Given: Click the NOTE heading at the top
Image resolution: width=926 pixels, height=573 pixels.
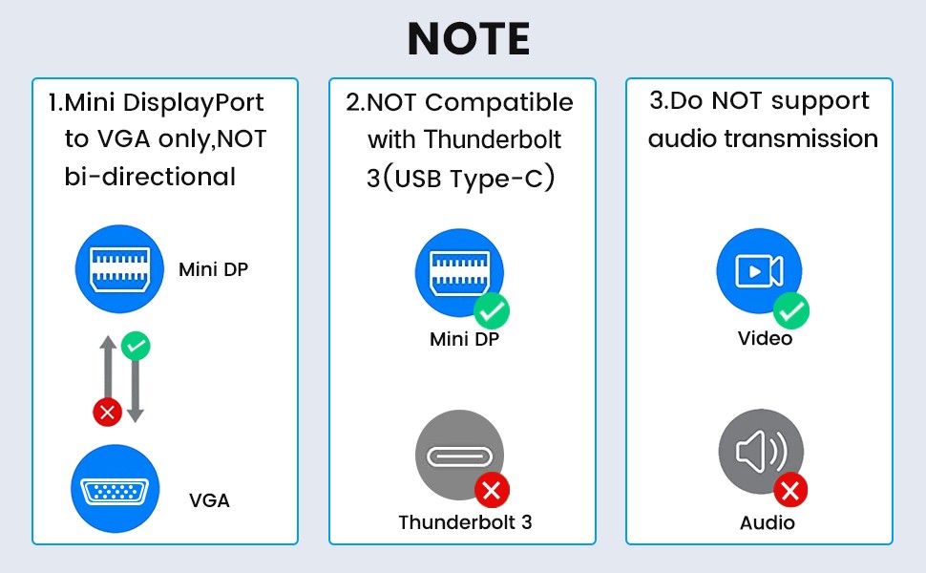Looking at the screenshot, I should (x=468, y=38).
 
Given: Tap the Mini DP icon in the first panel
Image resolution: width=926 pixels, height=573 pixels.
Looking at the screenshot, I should (x=119, y=268).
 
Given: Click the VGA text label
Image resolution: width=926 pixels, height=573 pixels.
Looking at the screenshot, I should (x=209, y=499).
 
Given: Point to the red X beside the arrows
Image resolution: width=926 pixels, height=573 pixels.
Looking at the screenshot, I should (x=106, y=413).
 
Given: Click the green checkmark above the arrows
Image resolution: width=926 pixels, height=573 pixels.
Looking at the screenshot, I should (x=137, y=346).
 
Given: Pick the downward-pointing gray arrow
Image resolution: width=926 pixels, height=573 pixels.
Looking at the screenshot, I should (x=136, y=382).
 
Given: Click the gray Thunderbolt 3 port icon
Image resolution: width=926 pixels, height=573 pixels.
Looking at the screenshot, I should (x=458, y=456).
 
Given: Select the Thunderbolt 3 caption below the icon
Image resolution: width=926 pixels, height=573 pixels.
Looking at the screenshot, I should (x=465, y=522).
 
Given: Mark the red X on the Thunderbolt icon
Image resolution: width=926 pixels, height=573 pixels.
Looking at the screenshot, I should (x=493, y=491).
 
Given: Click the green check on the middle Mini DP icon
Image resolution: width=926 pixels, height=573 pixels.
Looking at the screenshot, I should (x=493, y=310).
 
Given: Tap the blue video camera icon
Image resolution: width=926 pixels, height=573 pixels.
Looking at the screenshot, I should (x=759, y=271).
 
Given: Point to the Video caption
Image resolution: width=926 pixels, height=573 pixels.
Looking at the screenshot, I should (x=766, y=338).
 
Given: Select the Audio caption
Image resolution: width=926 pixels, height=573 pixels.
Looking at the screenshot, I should (x=768, y=522).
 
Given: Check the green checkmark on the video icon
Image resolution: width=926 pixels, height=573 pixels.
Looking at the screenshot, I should (x=791, y=310).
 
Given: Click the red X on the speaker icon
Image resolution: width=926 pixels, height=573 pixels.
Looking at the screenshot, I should (x=790, y=491).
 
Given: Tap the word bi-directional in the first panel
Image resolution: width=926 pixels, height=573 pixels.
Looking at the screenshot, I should (x=150, y=177).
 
